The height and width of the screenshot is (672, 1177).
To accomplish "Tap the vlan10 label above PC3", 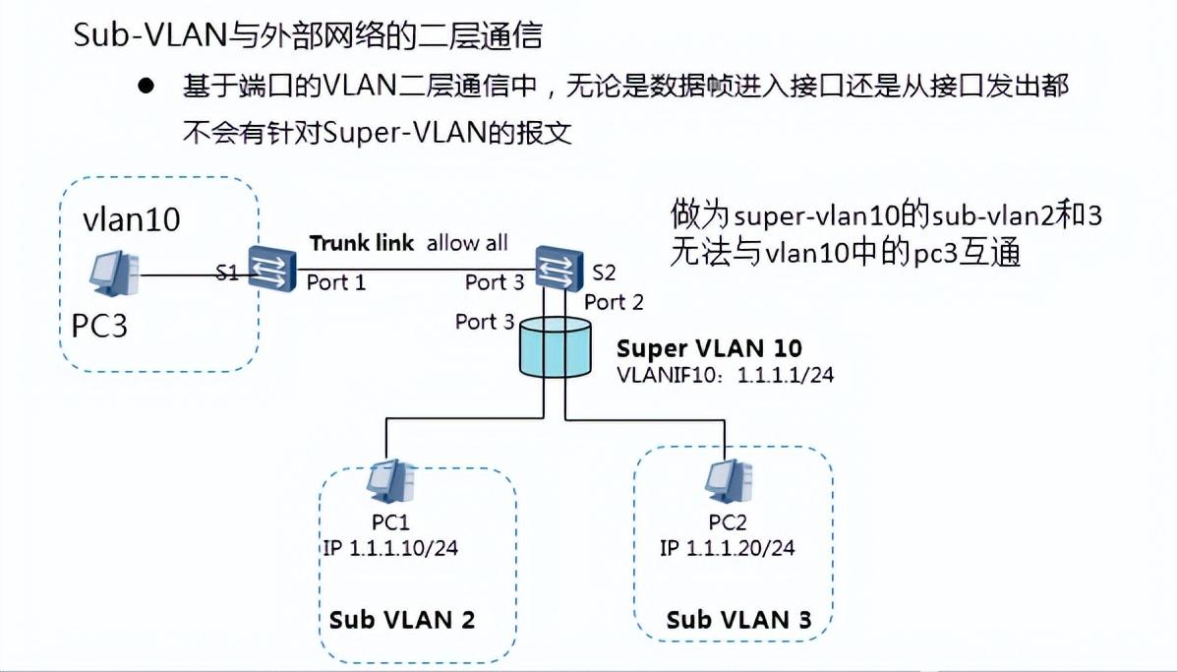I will [x=132, y=219].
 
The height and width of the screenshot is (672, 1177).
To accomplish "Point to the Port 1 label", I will [x=336, y=283].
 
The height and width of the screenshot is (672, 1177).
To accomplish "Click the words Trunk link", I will [x=361, y=243].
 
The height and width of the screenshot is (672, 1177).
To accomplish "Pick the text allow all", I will [x=467, y=243].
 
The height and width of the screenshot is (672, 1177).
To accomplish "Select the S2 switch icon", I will [x=556, y=266].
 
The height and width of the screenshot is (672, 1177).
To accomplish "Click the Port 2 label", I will [x=615, y=302].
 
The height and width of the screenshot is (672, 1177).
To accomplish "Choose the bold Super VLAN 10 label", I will [x=709, y=348].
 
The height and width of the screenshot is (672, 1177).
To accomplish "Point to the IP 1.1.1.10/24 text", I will [x=390, y=548].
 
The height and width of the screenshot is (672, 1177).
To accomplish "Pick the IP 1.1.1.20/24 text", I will [x=728, y=548].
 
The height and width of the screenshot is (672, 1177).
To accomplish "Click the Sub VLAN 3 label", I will [x=739, y=620].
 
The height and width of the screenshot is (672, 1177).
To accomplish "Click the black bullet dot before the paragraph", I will [x=147, y=87].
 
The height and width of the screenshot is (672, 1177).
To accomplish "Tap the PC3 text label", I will [x=100, y=326].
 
